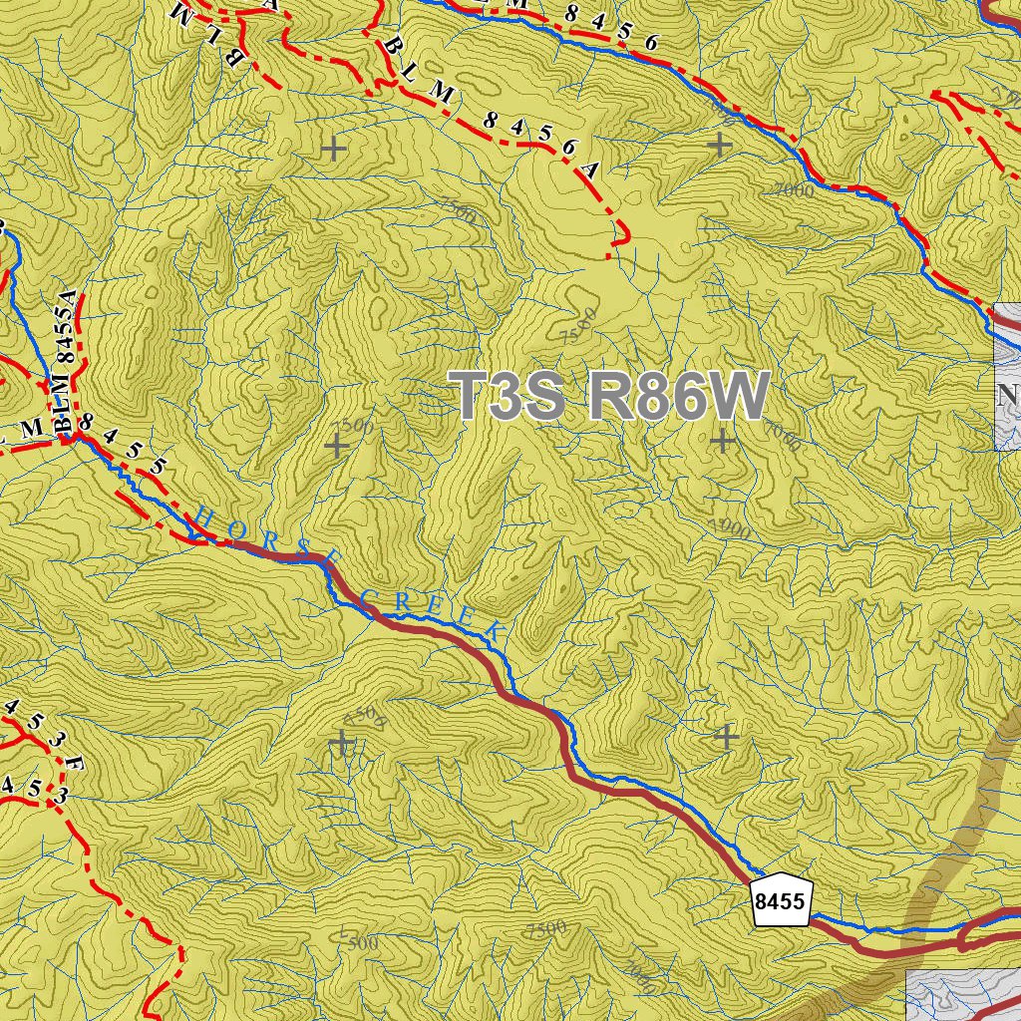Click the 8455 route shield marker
pyautogui.click(x=781, y=901)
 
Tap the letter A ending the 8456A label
pyautogui.click(x=590, y=170)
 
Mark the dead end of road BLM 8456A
pyautogui.click(x=608, y=257)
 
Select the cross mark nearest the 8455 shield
pyautogui.click(x=727, y=737)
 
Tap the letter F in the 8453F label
pyautogui.click(x=74, y=766)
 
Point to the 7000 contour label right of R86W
pyautogui.click(x=783, y=436)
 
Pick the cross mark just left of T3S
pyautogui.click(x=337, y=445)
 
